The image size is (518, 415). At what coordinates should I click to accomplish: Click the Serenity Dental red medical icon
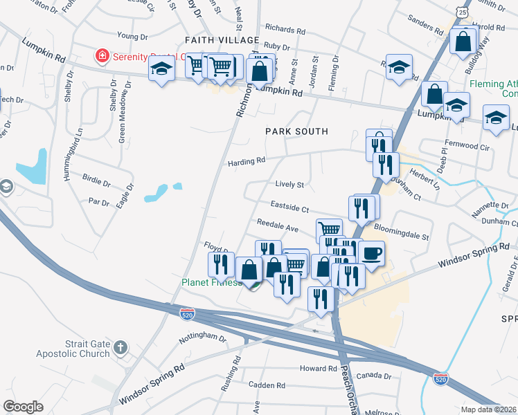click(x=102, y=54)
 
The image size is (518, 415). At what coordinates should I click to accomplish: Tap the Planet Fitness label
click(x=211, y=282)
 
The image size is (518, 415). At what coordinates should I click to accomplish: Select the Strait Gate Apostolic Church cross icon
click(x=120, y=346)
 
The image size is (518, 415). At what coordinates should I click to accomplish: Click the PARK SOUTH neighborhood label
click(x=296, y=131)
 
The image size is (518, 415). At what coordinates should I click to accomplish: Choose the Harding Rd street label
click(x=247, y=162)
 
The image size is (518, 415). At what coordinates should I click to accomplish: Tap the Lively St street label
click(x=289, y=185)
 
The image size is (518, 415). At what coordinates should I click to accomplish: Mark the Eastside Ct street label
click(x=289, y=206)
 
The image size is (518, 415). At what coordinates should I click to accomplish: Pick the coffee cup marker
click(x=370, y=253)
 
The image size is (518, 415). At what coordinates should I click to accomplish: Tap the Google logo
click(x=23, y=406)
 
